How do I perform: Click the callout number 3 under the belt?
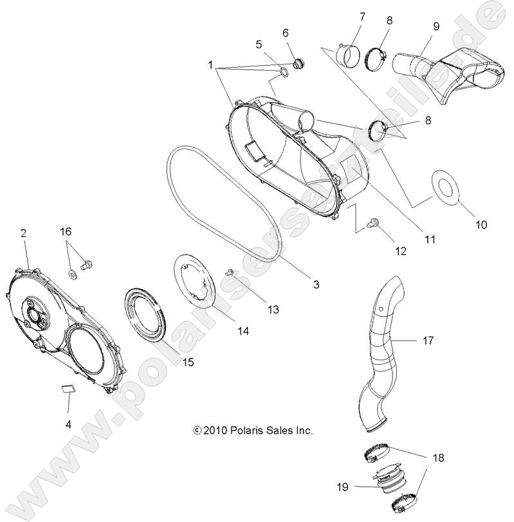316,284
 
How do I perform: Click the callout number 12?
401,251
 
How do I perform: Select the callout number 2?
23,232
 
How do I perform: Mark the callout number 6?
285,32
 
